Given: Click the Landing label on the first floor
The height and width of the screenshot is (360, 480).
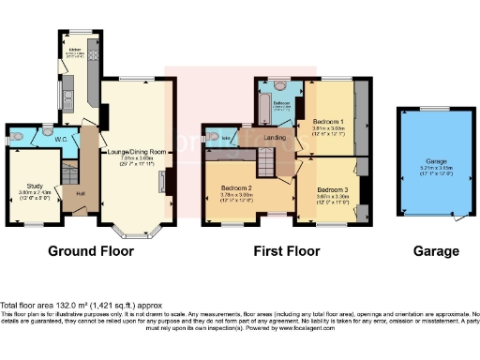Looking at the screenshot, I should [x=275, y=138].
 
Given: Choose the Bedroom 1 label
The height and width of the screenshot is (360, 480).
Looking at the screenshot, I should [x=327, y=122].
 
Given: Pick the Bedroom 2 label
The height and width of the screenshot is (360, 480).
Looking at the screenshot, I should [x=236, y=188].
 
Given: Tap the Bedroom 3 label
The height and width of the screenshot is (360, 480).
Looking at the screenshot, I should [x=327, y=188].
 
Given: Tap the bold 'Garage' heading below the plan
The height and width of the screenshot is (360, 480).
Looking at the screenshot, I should [x=436, y=251].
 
